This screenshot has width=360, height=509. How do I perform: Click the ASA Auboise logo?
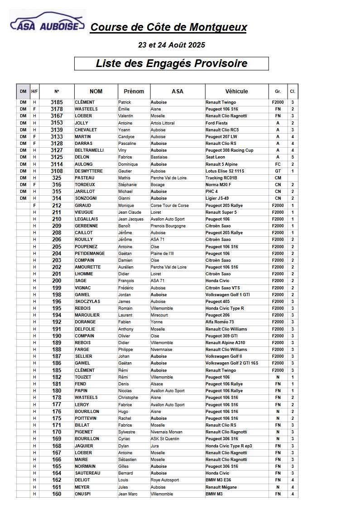pos(47,23)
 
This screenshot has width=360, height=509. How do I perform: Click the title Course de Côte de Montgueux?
pos(168,27)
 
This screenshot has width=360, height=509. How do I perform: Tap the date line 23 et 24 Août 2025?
pos(171,45)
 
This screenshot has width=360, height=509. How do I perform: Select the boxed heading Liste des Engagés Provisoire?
pos(171,63)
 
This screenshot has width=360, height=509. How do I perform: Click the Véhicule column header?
pos(236,91)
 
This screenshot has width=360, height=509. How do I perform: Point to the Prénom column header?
pos(134,91)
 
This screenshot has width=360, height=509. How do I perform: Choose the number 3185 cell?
pos(57,102)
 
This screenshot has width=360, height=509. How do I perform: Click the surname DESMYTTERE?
pos(89,171)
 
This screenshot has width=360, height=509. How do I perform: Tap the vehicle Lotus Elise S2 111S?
pos(225,171)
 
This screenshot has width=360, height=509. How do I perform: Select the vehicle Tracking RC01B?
pos(221,178)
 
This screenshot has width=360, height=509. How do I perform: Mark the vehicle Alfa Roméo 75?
pos(220,322)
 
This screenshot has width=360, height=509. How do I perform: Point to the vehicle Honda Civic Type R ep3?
pos(229,446)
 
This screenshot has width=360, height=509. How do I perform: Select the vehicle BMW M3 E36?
pos(218,480)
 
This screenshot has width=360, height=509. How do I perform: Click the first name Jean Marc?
pos(128,494)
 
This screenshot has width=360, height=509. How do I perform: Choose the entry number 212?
pos(57,206)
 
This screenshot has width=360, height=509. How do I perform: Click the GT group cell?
pos(278,171)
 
